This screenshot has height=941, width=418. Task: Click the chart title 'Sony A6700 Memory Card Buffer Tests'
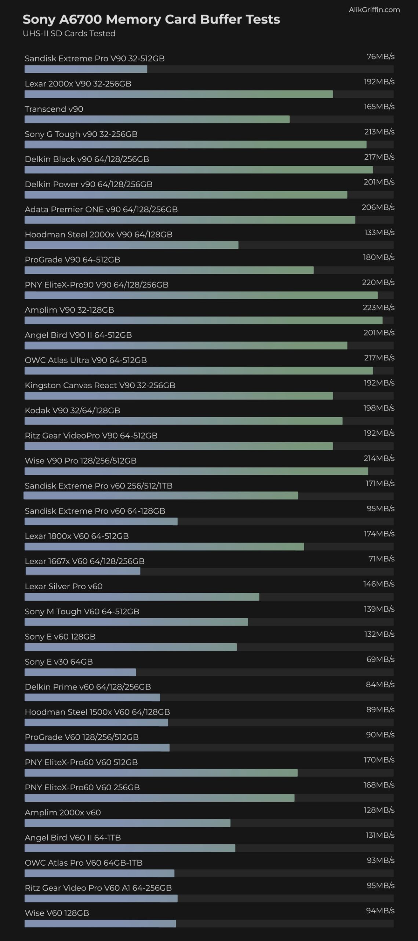(x=151, y=19)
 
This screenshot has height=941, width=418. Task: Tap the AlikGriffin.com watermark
(x=374, y=10)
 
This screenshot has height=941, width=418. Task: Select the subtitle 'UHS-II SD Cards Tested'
(x=69, y=33)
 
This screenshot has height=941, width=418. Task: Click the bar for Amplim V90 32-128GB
(x=203, y=321)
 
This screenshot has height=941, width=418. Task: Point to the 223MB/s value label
(x=378, y=307)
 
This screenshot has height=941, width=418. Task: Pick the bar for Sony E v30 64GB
(x=80, y=672)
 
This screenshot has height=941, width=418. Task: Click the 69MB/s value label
(x=380, y=659)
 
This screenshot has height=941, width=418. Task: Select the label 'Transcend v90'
(x=54, y=109)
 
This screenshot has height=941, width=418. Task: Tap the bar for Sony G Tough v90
(x=195, y=145)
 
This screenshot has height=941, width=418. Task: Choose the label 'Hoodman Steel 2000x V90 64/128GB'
(x=98, y=235)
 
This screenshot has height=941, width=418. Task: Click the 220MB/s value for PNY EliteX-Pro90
(x=378, y=282)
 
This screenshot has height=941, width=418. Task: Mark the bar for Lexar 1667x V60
(x=83, y=571)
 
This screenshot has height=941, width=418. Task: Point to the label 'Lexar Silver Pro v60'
(x=63, y=586)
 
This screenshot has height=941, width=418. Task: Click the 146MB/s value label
(x=379, y=584)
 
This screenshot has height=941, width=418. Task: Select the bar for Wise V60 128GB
(x=100, y=923)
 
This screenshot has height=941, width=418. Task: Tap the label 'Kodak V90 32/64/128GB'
(x=72, y=411)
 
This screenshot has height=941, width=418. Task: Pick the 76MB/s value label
(x=380, y=56)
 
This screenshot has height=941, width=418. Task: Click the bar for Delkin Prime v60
(x=92, y=697)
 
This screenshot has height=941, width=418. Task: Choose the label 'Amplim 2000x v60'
(x=63, y=812)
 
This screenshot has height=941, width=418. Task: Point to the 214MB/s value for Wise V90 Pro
(x=379, y=458)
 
